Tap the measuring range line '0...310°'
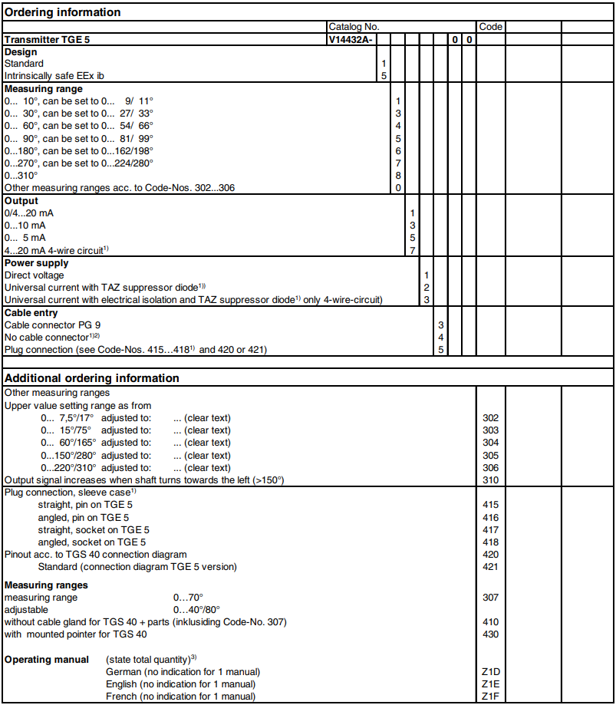pyautogui.click(x=21, y=176)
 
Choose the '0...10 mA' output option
pyautogui.click(x=26, y=226)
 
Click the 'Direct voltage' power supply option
pyautogui.click(x=35, y=275)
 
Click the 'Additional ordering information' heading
pyautogui.click(x=92, y=378)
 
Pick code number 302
pyautogui.click(x=491, y=418)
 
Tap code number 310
pyautogui.click(x=491, y=480)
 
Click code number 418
pyautogui.click(x=491, y=542)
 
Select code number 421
pyautogui.click(x=491, y=567)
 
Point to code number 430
pyautogui.click(x=491, y=634)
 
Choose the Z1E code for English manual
pyautogui.click(x=491, y=684)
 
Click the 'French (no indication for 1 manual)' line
pyautogui.click(x=180, y=696)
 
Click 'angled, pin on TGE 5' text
pyautogui.click(x=84, y=518)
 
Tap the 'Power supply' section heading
pyautogui.click(x=37, y=263)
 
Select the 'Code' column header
pyautogui.click(x=491, y=27)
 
